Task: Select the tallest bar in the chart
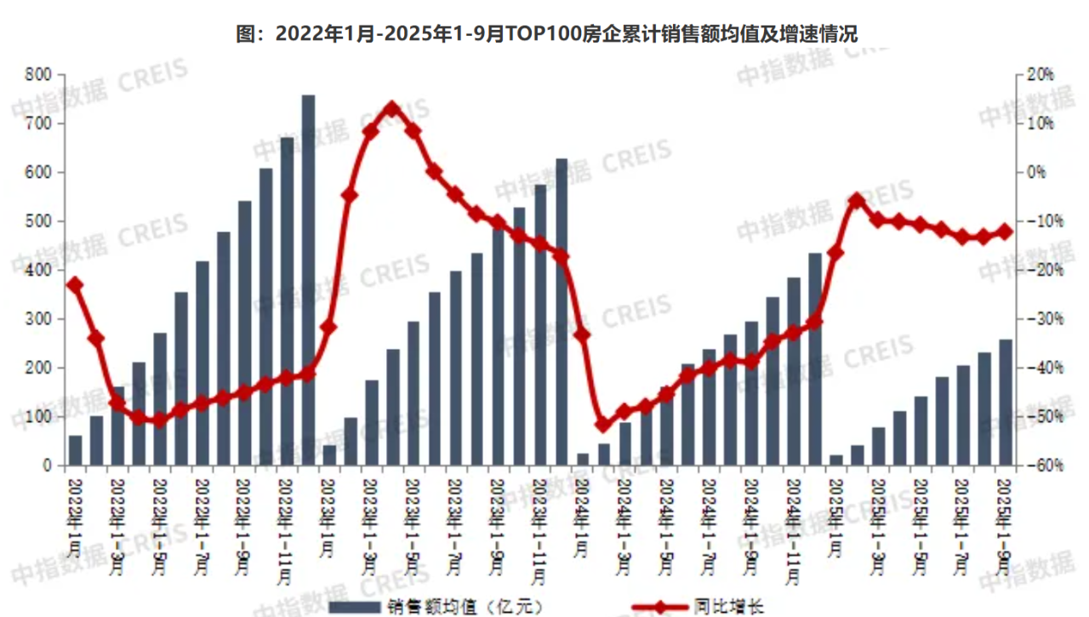click(x=308, y=281)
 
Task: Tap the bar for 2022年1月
click(x=75, y=451)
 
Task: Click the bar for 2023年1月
click(x=329, y=455)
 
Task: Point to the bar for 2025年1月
click(x=836, y=460)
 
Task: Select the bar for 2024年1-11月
click(x=794, y=372)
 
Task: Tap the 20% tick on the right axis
click(x=1040, y=75)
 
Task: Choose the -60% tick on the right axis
click(x=1040, y=466)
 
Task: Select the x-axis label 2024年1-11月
click(x=794, y=532)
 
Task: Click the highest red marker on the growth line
click(x=391, y=109)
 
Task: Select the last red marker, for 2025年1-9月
click(x=1005, y=231)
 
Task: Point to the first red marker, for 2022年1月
click(x=75, y=285)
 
